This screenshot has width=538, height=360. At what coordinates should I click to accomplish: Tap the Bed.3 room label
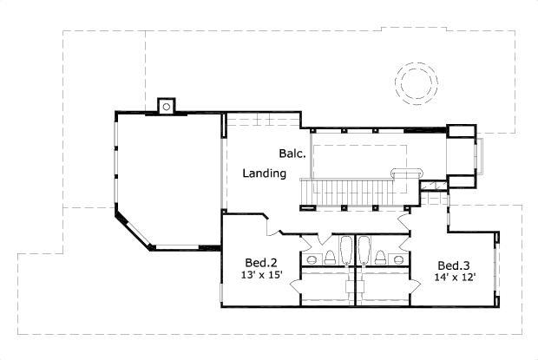click(453, 265)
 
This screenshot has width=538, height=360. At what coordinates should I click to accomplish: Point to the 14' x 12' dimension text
click(454, 278)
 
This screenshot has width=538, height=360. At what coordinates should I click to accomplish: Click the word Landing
click(265, 173)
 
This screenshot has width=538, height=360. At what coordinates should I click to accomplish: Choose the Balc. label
click(291, 154)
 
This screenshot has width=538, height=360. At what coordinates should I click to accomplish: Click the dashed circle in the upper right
click(414, 82)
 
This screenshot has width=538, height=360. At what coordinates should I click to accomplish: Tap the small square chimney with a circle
click(167, 106)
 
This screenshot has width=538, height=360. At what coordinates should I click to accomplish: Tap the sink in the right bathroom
click(398, 259)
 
